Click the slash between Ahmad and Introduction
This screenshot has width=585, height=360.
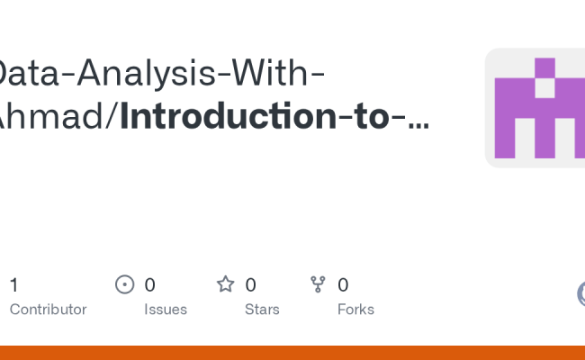(112, 118)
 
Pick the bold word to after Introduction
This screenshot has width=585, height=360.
(362, 118)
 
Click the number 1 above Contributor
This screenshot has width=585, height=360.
(13, 285)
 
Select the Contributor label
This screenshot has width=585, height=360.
(48, 310)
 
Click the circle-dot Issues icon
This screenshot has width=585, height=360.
(125, 285)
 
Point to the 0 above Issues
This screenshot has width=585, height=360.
(150, 285)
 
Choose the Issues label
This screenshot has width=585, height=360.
(166, 310)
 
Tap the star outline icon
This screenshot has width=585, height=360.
(225, 284)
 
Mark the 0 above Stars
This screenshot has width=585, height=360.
(251, 285)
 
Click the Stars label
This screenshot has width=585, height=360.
(262, 310)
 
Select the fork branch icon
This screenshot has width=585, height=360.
(318, 285)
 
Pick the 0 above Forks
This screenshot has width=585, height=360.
(343, 285)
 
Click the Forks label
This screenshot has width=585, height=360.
(355, 310)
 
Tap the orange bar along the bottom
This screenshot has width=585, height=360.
(292, 353)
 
